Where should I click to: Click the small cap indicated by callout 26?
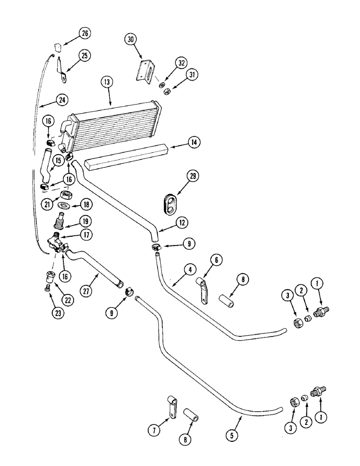[58, 47]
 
